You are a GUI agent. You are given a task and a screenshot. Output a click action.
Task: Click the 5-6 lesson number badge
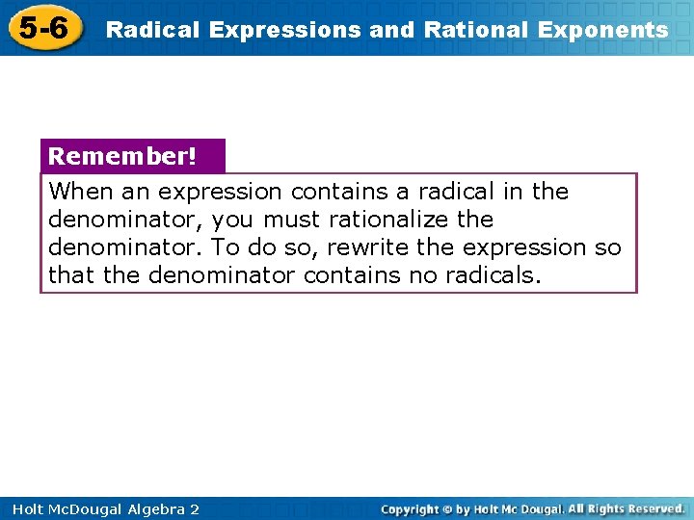click(43, 28)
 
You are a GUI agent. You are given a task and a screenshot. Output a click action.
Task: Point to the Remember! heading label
click(121, 156)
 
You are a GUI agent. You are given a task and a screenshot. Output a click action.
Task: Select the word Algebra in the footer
click(147, 508)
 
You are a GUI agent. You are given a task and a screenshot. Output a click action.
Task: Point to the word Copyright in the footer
click(410, 508)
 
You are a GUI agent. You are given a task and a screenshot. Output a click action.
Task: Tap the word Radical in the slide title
click(150, 30)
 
